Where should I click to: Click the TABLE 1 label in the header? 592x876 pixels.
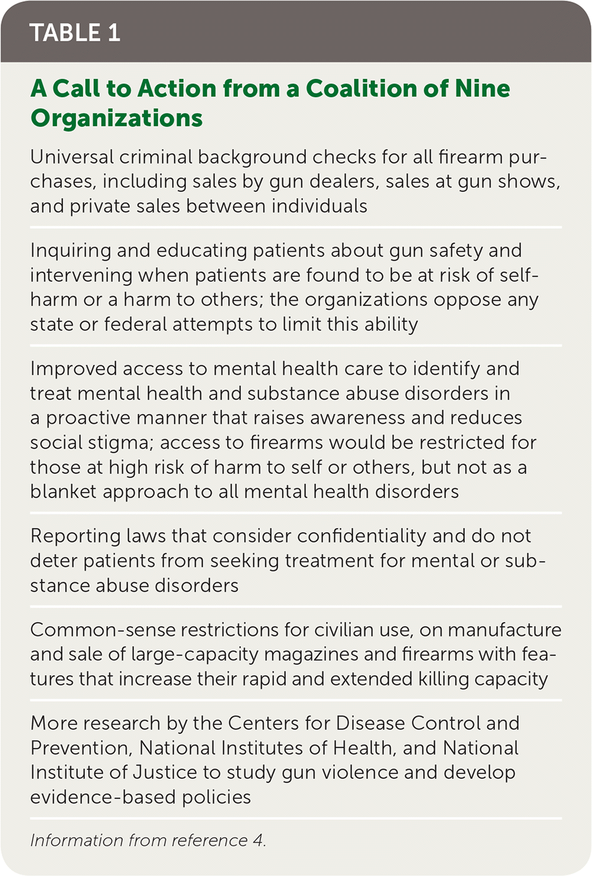pos(74,33)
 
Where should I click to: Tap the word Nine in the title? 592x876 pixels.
pos(482,89)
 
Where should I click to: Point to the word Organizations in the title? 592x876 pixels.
pos(116,118)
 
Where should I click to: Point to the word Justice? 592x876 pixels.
pos(165,773)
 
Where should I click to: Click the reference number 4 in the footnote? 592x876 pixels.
pos(258,841)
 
